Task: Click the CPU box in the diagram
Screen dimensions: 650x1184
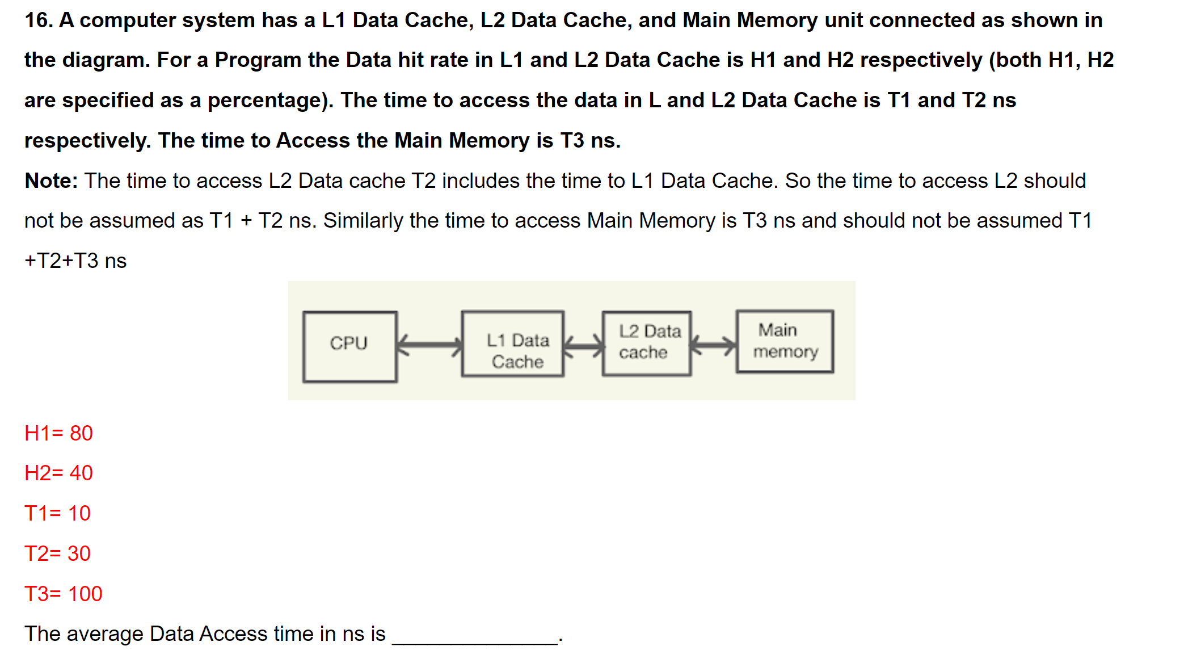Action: [x=349, y=346]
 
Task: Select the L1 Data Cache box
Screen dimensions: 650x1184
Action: [x=513, y=344]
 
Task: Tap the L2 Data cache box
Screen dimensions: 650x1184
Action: [x=647, y=343]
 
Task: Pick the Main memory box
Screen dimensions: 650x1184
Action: [x=785, y=341]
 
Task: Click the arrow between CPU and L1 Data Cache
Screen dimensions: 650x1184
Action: [x=429, y=344]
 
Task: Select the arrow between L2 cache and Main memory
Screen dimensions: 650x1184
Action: [x=713, y=344]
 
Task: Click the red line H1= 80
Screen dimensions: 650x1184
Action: [x=58, y=433]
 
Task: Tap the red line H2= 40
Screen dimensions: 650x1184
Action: [x=58, y=473]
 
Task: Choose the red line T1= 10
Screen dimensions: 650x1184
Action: [x=57, y=513]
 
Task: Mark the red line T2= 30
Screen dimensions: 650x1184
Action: [x=57, y=553]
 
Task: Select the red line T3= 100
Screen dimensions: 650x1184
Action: [x=63, y=594]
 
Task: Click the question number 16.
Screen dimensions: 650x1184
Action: [x=38, y=20]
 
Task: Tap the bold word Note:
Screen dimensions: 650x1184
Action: [x=51, y=181]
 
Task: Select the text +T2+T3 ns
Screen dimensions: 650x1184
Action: [x=75, y=261]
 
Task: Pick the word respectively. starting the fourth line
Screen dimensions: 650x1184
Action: [x=87, y=141]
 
